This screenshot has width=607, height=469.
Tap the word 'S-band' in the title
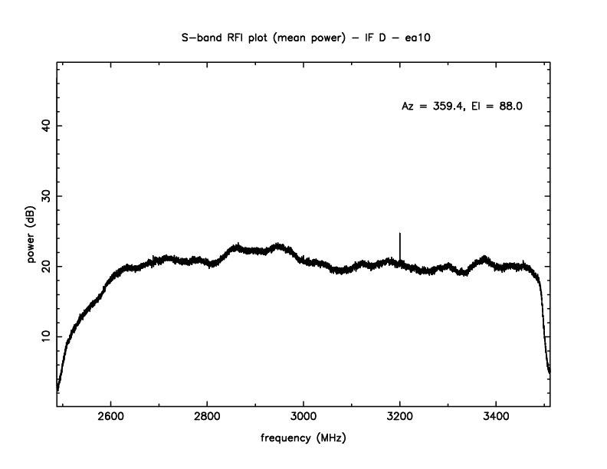point(199,38)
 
